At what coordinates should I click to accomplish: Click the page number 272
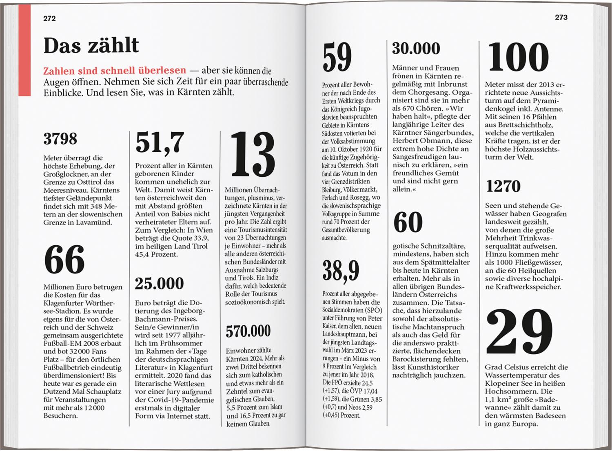click(x=49, y=18)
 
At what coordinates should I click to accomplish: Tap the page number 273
click(x=561, y=17)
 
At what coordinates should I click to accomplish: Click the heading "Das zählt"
click(x=91, y=45)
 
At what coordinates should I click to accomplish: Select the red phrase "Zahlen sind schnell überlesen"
click(x=115, y=71)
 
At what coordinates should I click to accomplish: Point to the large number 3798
click(x=60, y=139)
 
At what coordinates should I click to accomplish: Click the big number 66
click(x=64, y=260)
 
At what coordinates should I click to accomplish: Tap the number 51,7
click(x=160, y=142)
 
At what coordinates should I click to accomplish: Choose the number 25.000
click(x=159, y=283)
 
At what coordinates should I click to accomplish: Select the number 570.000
click(x=248, y=331)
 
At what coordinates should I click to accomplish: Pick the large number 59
click(x=337, y=58)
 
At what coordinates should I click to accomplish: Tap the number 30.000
click(x=416, y=49)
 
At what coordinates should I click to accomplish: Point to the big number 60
click(x=408, y=222)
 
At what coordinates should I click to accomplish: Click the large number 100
click(x=518, y=58)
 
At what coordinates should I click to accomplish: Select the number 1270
click(x=503, y=187)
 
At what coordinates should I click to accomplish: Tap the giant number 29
click(x=519, y=333)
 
